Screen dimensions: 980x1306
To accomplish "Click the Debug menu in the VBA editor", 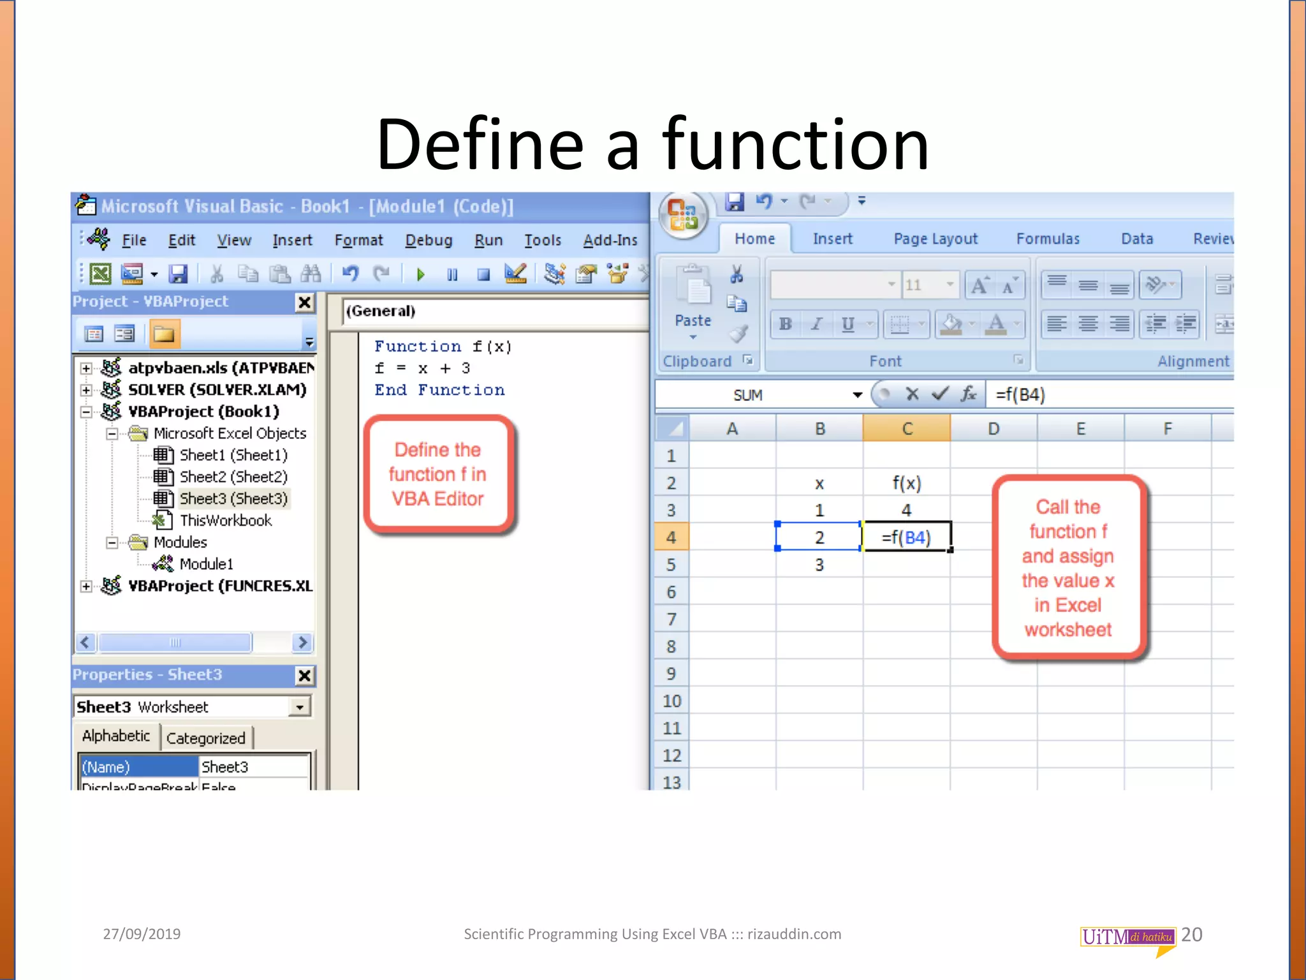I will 429,241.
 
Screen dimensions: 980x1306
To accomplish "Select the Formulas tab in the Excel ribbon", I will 1048,239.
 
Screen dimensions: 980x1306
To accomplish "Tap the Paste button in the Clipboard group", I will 693,300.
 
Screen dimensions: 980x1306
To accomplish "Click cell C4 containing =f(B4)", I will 906,537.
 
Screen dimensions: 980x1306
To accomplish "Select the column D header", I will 994,429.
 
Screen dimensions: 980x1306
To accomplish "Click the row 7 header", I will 671,620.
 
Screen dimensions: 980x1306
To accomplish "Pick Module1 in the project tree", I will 206,564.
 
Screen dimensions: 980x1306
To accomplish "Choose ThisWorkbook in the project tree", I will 225,521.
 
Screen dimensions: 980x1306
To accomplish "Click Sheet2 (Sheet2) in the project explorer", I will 233,477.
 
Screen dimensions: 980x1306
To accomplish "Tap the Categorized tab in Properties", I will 205,738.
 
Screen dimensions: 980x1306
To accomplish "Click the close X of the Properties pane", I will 305,676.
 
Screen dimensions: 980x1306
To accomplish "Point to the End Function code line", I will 439,390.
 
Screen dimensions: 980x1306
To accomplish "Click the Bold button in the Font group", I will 786,324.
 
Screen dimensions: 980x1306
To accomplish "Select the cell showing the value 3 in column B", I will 819,565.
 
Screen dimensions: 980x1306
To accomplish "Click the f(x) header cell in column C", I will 906,483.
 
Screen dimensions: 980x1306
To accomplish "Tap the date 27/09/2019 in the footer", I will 142,934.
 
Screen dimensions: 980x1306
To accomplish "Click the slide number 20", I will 1191,935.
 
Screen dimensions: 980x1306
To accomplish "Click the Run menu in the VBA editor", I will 488,241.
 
